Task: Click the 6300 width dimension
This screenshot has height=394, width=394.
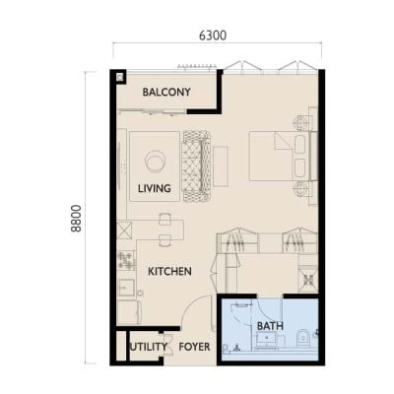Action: [x=213, y=35]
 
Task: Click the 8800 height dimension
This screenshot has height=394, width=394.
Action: [x=76, y=219]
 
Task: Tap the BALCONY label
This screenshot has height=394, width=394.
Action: [x=166, y=92]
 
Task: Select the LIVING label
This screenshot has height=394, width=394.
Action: [x=155, y=188]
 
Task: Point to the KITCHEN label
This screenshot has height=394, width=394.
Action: [x=169, y=272]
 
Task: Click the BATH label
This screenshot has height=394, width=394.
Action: [x=270, y=326]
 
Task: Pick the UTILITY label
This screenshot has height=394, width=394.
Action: [x=149, y=347]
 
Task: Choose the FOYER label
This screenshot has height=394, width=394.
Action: [x=194, y=347]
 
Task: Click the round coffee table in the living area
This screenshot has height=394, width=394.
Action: [x=156, y=162]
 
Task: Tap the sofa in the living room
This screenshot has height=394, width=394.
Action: [x=197, y=166]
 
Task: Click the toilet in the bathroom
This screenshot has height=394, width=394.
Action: [x=302, y=338]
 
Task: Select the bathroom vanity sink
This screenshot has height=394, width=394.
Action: [x=266, y=339]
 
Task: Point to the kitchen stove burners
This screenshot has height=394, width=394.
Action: [x=127, y=261]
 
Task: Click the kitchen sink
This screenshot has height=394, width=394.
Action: [x=126, y=288]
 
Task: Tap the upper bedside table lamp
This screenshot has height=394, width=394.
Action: [x=300, y=123]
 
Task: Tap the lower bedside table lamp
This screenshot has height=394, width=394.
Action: [x=300, y=189]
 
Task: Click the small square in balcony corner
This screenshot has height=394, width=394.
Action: [x=120, y=77]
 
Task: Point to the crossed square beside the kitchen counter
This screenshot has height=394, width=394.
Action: [x=124, y=230]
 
